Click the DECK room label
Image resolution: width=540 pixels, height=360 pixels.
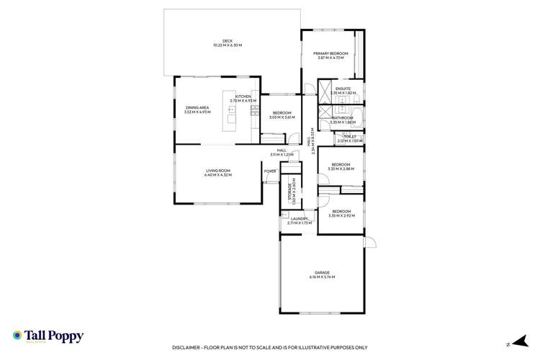(x=227, y=40)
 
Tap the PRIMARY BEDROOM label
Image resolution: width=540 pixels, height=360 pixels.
(x=331, y=54)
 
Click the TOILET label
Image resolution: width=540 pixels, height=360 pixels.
(x=351, y=136)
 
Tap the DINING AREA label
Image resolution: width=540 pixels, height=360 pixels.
(x=197, y=107)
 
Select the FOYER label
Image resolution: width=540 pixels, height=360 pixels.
(x=270, y=171)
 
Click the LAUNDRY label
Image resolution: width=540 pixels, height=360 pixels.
(x=299, y=219)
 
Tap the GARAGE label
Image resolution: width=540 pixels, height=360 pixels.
(x=322, y=272)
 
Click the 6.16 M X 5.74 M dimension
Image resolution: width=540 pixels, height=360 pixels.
(x=322, y=277)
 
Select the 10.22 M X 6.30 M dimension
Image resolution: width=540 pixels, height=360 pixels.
(x=227, y=45)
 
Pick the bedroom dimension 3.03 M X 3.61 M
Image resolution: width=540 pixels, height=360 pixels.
(x=282, y=117)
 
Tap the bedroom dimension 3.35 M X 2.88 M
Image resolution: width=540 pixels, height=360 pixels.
(x=340, y=169)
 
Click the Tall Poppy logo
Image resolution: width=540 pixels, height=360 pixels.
(x=48, y=336)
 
